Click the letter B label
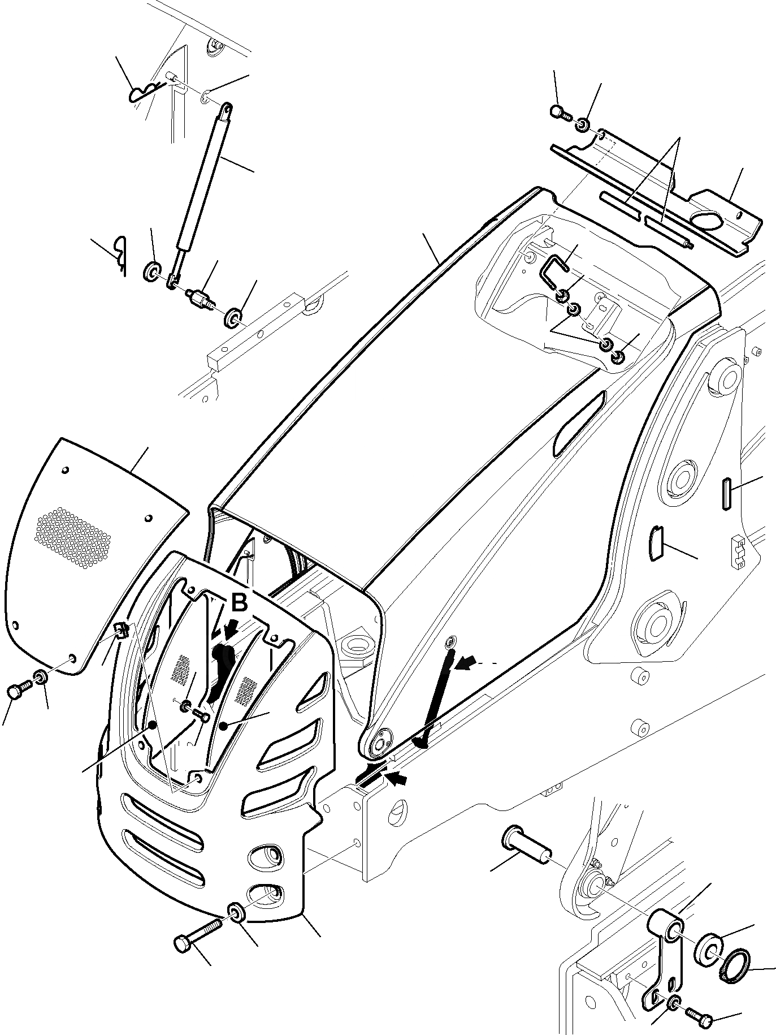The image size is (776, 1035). (x=239, y=603)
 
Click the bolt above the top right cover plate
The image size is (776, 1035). (x=557, y=112)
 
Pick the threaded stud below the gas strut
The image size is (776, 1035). (x=201, y=298)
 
